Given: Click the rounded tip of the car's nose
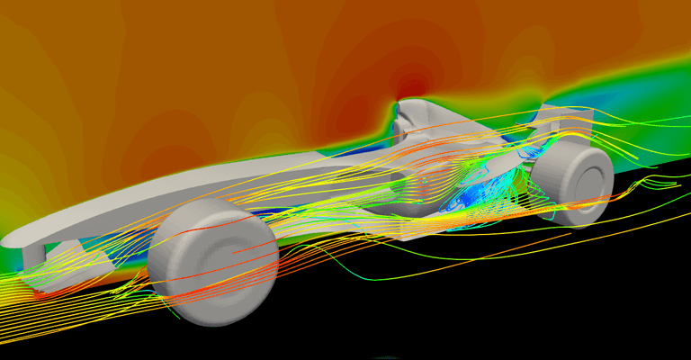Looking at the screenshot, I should pyautogui.click(x=11, y=240).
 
